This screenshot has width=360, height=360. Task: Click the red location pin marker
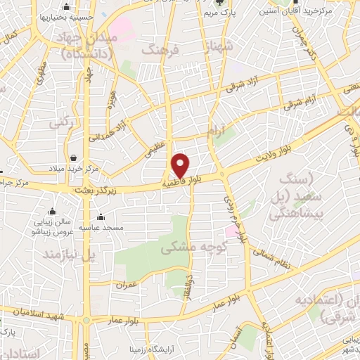(x=181, y=165)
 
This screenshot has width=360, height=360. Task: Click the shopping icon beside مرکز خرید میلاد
(x=74, y=157)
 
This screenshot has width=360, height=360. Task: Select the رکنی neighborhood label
(x=61, y=122)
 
